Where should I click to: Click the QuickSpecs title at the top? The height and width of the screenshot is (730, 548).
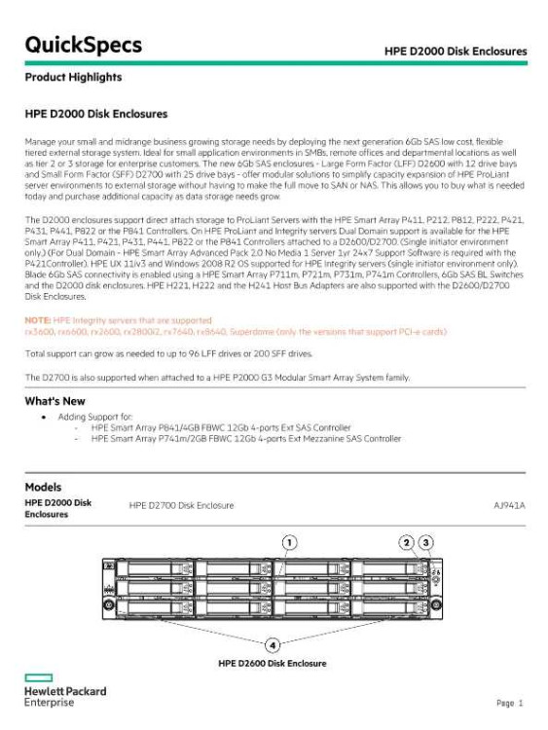coord(83,46)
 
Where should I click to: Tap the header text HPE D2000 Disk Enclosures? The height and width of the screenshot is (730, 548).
coord(456,51)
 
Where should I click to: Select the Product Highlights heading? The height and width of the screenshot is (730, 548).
coord(73,77)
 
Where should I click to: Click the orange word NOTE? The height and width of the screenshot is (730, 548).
coord(37,318)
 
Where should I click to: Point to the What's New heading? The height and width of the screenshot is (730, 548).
coord(55,401)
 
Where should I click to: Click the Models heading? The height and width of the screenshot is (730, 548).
coord(43,487)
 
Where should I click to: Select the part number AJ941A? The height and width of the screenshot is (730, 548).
coord(509,506)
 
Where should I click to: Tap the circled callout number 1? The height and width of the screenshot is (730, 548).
coord(289,541)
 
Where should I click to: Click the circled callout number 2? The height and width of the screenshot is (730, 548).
coord(407,541)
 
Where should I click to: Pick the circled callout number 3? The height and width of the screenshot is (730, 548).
coord(425,541)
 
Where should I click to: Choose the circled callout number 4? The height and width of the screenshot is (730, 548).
coord(273,643)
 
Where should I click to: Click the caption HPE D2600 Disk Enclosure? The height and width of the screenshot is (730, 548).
coord(273,664)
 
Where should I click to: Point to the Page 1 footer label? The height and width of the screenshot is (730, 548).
coord(510,703)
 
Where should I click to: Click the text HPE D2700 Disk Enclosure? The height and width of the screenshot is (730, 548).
coord(181,506)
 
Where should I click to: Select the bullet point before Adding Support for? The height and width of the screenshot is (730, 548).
coord(45,416)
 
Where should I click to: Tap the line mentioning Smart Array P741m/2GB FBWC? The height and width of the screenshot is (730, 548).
coord(245,439)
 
